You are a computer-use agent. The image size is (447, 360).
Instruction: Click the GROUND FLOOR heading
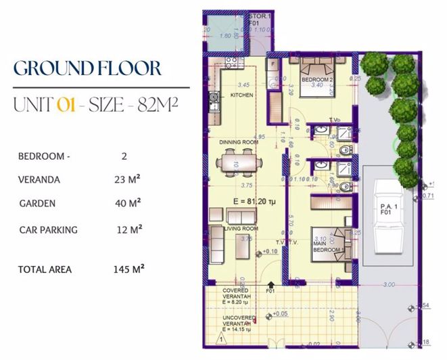click(88, 69)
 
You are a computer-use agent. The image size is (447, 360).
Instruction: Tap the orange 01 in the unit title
click(66, 105)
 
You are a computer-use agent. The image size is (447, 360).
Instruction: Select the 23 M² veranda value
click(128, 179)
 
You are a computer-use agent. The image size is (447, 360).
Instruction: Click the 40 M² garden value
click(128, 203)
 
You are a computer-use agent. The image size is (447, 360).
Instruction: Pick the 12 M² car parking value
click(129, 230)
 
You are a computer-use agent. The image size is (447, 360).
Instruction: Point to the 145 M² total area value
click(129, 269)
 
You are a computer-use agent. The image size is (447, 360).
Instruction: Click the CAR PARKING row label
click(48, 230)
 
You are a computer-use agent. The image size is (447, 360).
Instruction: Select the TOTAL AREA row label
click(45, 269)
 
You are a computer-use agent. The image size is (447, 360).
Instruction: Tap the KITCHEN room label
click(242, 96)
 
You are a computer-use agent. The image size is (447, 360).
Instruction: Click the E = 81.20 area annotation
click(246, 201)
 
